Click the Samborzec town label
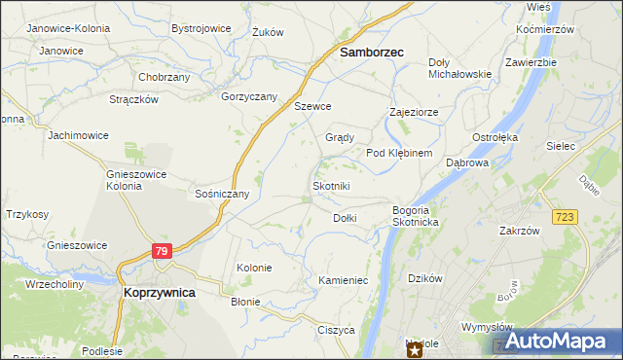[372, 54]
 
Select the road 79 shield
[163, 251]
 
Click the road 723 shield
[561, 215]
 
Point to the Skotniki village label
[330, 186]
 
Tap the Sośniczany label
[223, 194]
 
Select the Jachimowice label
[78, 135]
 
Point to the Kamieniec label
[343, 280]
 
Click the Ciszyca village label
[336, 330]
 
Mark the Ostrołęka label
[495, 137]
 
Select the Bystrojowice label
[201, 28]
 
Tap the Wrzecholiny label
[55, 284]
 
